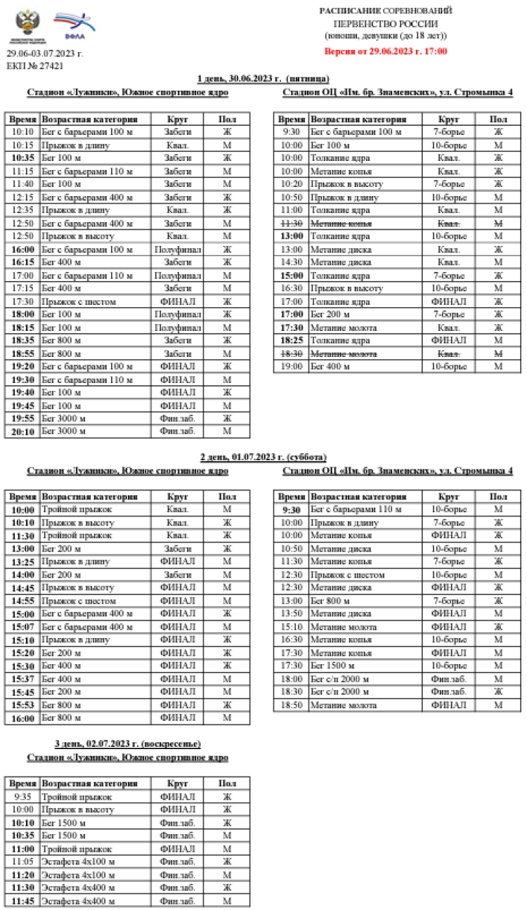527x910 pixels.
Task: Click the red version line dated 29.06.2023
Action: (386, 51)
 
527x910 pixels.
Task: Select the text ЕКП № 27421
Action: (35, 65)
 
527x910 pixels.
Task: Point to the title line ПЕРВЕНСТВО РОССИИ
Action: (386, 23)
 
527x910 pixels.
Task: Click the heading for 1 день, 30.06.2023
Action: (263, 78)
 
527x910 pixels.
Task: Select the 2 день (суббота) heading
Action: (263, 457)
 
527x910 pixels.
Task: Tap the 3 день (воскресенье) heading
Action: (128, 743)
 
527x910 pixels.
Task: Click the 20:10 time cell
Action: (22, 431)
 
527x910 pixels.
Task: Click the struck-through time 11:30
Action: (291, 223)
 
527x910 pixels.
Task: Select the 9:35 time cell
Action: (22, 797)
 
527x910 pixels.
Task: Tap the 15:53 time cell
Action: (22, 705)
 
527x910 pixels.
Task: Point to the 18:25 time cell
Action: (291, 340)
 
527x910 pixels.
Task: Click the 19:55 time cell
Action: (22, 419)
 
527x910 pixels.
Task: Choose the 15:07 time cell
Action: (22, 627)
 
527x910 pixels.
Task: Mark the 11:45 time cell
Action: (22, 901)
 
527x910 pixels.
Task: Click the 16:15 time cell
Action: (22, 262)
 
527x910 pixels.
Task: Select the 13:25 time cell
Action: (22, 561)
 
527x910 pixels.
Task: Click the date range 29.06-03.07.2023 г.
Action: (45, 53)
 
